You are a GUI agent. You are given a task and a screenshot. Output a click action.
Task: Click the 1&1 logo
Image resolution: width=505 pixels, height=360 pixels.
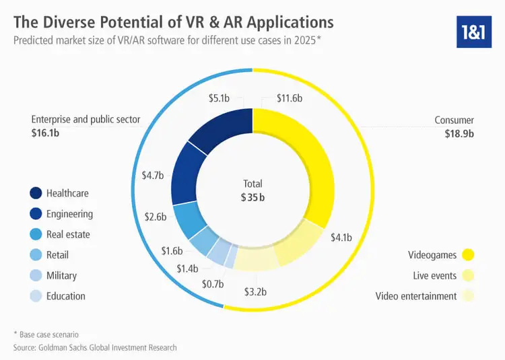[474, 30]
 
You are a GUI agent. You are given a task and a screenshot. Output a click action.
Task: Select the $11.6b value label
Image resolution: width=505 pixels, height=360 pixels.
[290, 98]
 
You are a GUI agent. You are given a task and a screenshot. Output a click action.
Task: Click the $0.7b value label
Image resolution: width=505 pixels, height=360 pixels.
[213, 284]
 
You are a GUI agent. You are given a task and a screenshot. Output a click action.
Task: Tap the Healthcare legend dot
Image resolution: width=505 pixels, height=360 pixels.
[35, 193]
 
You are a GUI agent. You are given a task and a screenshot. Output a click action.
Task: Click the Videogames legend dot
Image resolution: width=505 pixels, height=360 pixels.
[469, 255]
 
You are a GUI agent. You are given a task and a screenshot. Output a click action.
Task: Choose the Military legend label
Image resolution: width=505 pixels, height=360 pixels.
[61, 275]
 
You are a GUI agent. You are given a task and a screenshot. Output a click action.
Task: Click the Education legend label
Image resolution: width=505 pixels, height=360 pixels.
[66, 295]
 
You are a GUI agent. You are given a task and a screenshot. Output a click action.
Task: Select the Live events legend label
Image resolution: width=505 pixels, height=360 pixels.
[434, 276]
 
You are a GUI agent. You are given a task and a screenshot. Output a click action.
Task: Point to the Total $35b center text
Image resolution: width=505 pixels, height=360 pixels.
[252, 190]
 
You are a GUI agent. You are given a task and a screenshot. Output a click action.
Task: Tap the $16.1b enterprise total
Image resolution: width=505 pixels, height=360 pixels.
[46, 133]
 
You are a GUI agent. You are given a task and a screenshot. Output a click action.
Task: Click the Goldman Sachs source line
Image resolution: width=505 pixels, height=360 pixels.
[95, 347]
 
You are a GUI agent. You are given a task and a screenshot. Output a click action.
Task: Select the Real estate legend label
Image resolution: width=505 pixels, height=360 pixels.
[68, 234]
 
